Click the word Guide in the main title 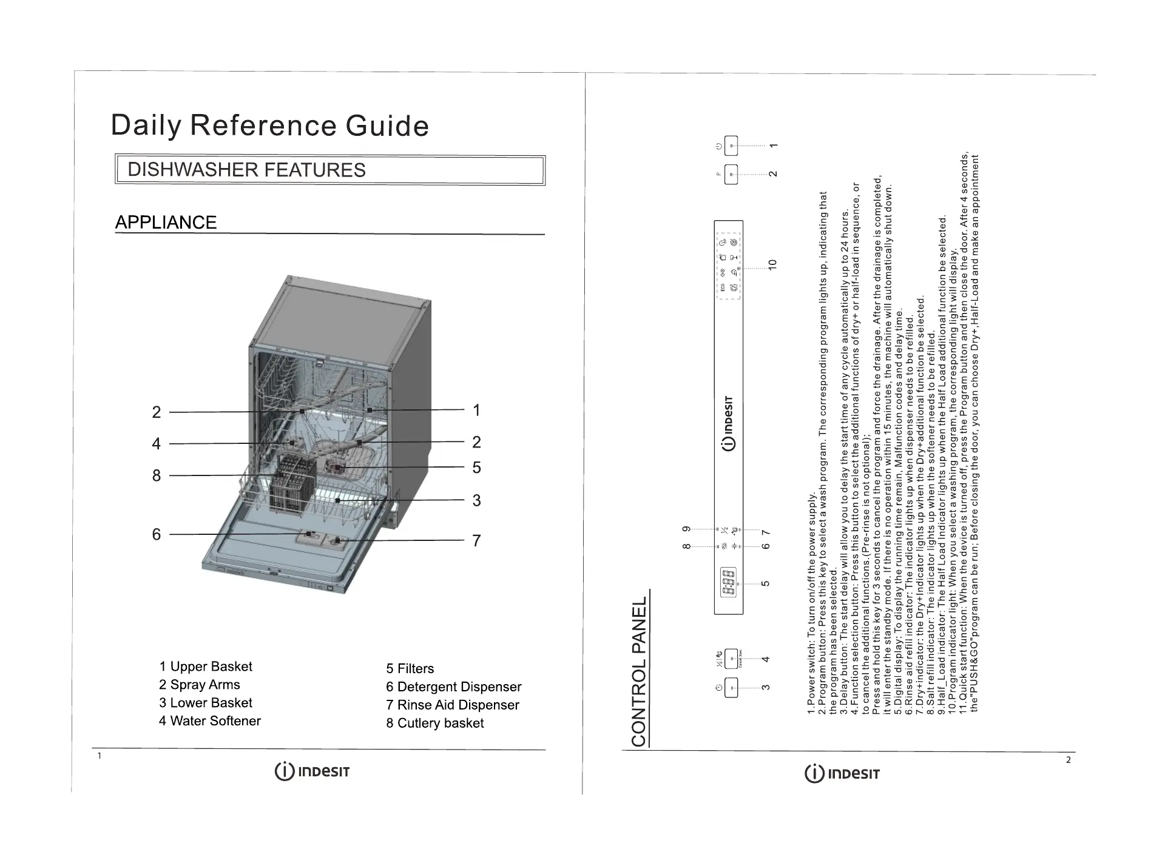click(387, 126)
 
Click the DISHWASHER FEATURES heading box click(330, 170)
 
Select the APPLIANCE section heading click(166, 223)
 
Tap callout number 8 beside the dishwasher click(157, 475)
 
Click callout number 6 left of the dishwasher click(157, 534)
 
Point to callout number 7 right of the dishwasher click(477, 540)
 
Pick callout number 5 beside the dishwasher click(477, 468)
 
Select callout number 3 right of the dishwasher click(477, 500)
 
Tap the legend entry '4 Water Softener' click(210, 721)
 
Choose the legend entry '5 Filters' click(410, 669)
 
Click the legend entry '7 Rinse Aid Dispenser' click(453, 705)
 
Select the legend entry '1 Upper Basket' click(206, 666)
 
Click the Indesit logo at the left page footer click(312, 772)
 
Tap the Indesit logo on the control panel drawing click(729, 424)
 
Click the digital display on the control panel click(728, 583)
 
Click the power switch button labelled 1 click(731, 146)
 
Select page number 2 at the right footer click(1069, 760)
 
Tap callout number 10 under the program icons click(772, 265)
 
